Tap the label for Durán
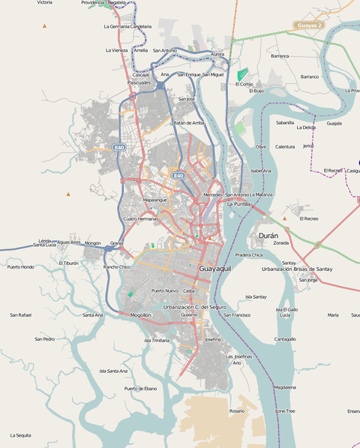pos(268,236)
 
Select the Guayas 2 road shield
pos(308,26)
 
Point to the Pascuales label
pos(139,83)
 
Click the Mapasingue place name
pos(154,200)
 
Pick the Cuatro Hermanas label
pos(141,218)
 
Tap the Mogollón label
pos(141,315)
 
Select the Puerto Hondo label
pos(21,266)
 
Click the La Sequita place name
pos(20,435)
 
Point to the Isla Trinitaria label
pos(157,340)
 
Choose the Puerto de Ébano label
pos(141,389)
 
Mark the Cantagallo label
pos(284,338)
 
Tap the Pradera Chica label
pos(249,255)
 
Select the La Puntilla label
pos(238,204)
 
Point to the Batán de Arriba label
pos(188,122)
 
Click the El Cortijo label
pos(246,84)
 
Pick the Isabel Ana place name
pos(261,170)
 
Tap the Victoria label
pos(44,3)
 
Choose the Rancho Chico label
pos(117,267)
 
